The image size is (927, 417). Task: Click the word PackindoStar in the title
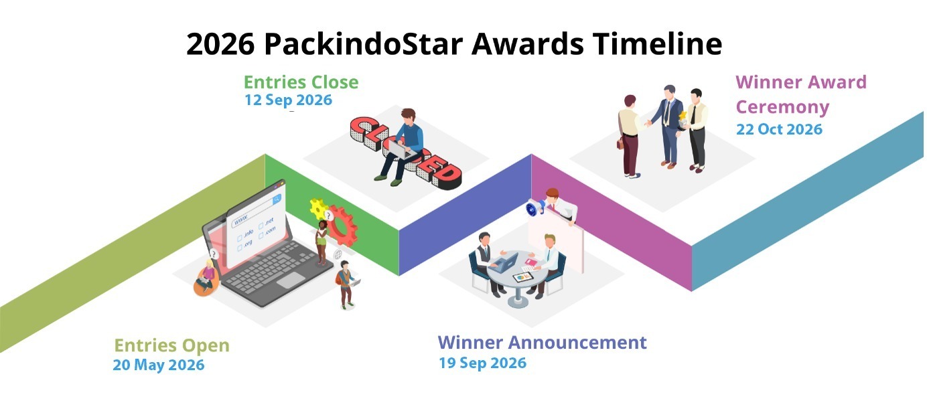pos(363,44)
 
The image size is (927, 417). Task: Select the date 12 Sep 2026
pos(288,100)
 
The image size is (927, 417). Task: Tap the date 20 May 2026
pos(159,365)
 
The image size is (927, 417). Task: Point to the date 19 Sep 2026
pos(482,363)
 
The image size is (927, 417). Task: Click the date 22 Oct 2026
pos(779,129)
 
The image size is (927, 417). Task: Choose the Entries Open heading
pos(171,345)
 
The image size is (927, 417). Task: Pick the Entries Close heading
pos(301,82)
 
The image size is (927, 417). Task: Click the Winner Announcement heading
pos(542,343)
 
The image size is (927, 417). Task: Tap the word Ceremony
pos(782,107)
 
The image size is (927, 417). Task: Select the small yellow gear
pos(318,209)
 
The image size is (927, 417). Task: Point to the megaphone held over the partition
pos(536,207)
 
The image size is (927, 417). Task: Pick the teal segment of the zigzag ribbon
pos(807,201)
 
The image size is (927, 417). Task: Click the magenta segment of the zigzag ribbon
pos(612,222)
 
